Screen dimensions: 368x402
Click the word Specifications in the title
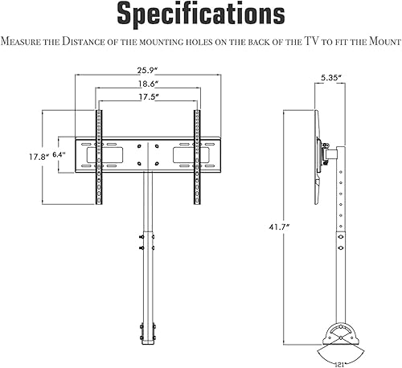click(200, 14)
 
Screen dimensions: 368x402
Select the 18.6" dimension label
click(147, 84)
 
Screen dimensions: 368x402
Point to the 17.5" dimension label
click(147, 97)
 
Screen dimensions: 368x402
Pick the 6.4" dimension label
click(59, 154)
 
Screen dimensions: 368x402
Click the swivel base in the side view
click(338, 338)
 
